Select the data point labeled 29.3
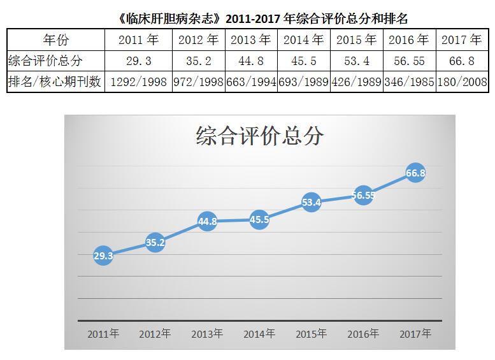pos(103,256)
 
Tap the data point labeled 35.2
pos(155,242)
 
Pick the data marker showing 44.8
pos(207,222)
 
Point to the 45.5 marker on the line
pos(259,220)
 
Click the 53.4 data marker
pos(311,203)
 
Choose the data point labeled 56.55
pos(363,196)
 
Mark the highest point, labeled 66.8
pos(415,173)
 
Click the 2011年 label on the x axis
pos(103,334)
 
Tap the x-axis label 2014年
pos(259,334)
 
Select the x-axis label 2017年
pos(415,334)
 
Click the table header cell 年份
pos(55,40)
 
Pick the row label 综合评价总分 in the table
pos(46,61)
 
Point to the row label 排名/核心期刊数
pos(55,82)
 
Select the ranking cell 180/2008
pos(462,82)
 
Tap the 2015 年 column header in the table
pos(357,40)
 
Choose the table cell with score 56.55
pos(410,61)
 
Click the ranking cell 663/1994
pos(251,82)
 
